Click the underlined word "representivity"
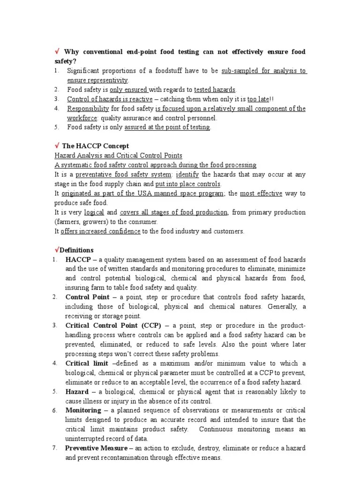point(111,80)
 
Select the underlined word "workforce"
point(82,118)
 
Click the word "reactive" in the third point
point(139,99)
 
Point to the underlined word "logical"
point(94,212)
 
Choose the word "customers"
point(229,231)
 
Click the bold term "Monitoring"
point(83,410)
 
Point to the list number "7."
point(55,448)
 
